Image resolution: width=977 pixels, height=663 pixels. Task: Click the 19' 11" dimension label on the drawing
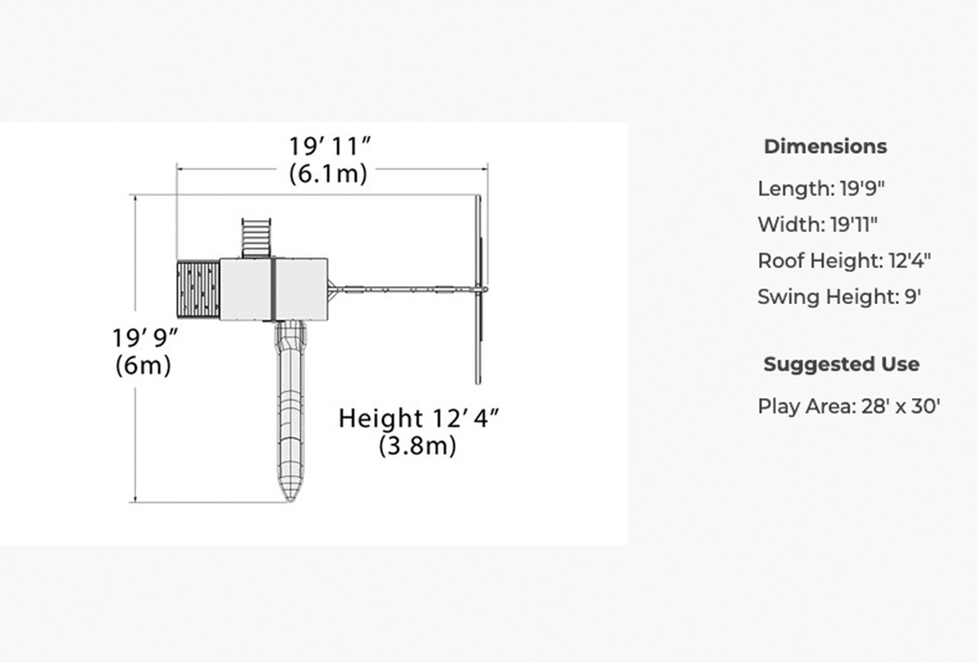pos(329,146)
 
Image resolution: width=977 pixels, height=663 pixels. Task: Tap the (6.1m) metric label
pos(328,173)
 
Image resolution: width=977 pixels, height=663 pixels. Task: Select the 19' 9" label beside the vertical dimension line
pos(146,337)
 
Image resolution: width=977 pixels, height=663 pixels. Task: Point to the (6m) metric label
pos(144,365)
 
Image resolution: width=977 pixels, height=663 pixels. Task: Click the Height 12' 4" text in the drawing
pos(419,418)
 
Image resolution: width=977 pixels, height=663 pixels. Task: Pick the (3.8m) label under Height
pos(417,445)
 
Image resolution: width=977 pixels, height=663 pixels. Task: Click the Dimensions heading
pos(826,147)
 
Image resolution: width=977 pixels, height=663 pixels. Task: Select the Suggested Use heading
pos(841,364)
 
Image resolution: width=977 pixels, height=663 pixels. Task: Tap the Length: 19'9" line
pos(822,188)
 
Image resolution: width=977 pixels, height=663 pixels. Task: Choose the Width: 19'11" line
pos(818,224)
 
